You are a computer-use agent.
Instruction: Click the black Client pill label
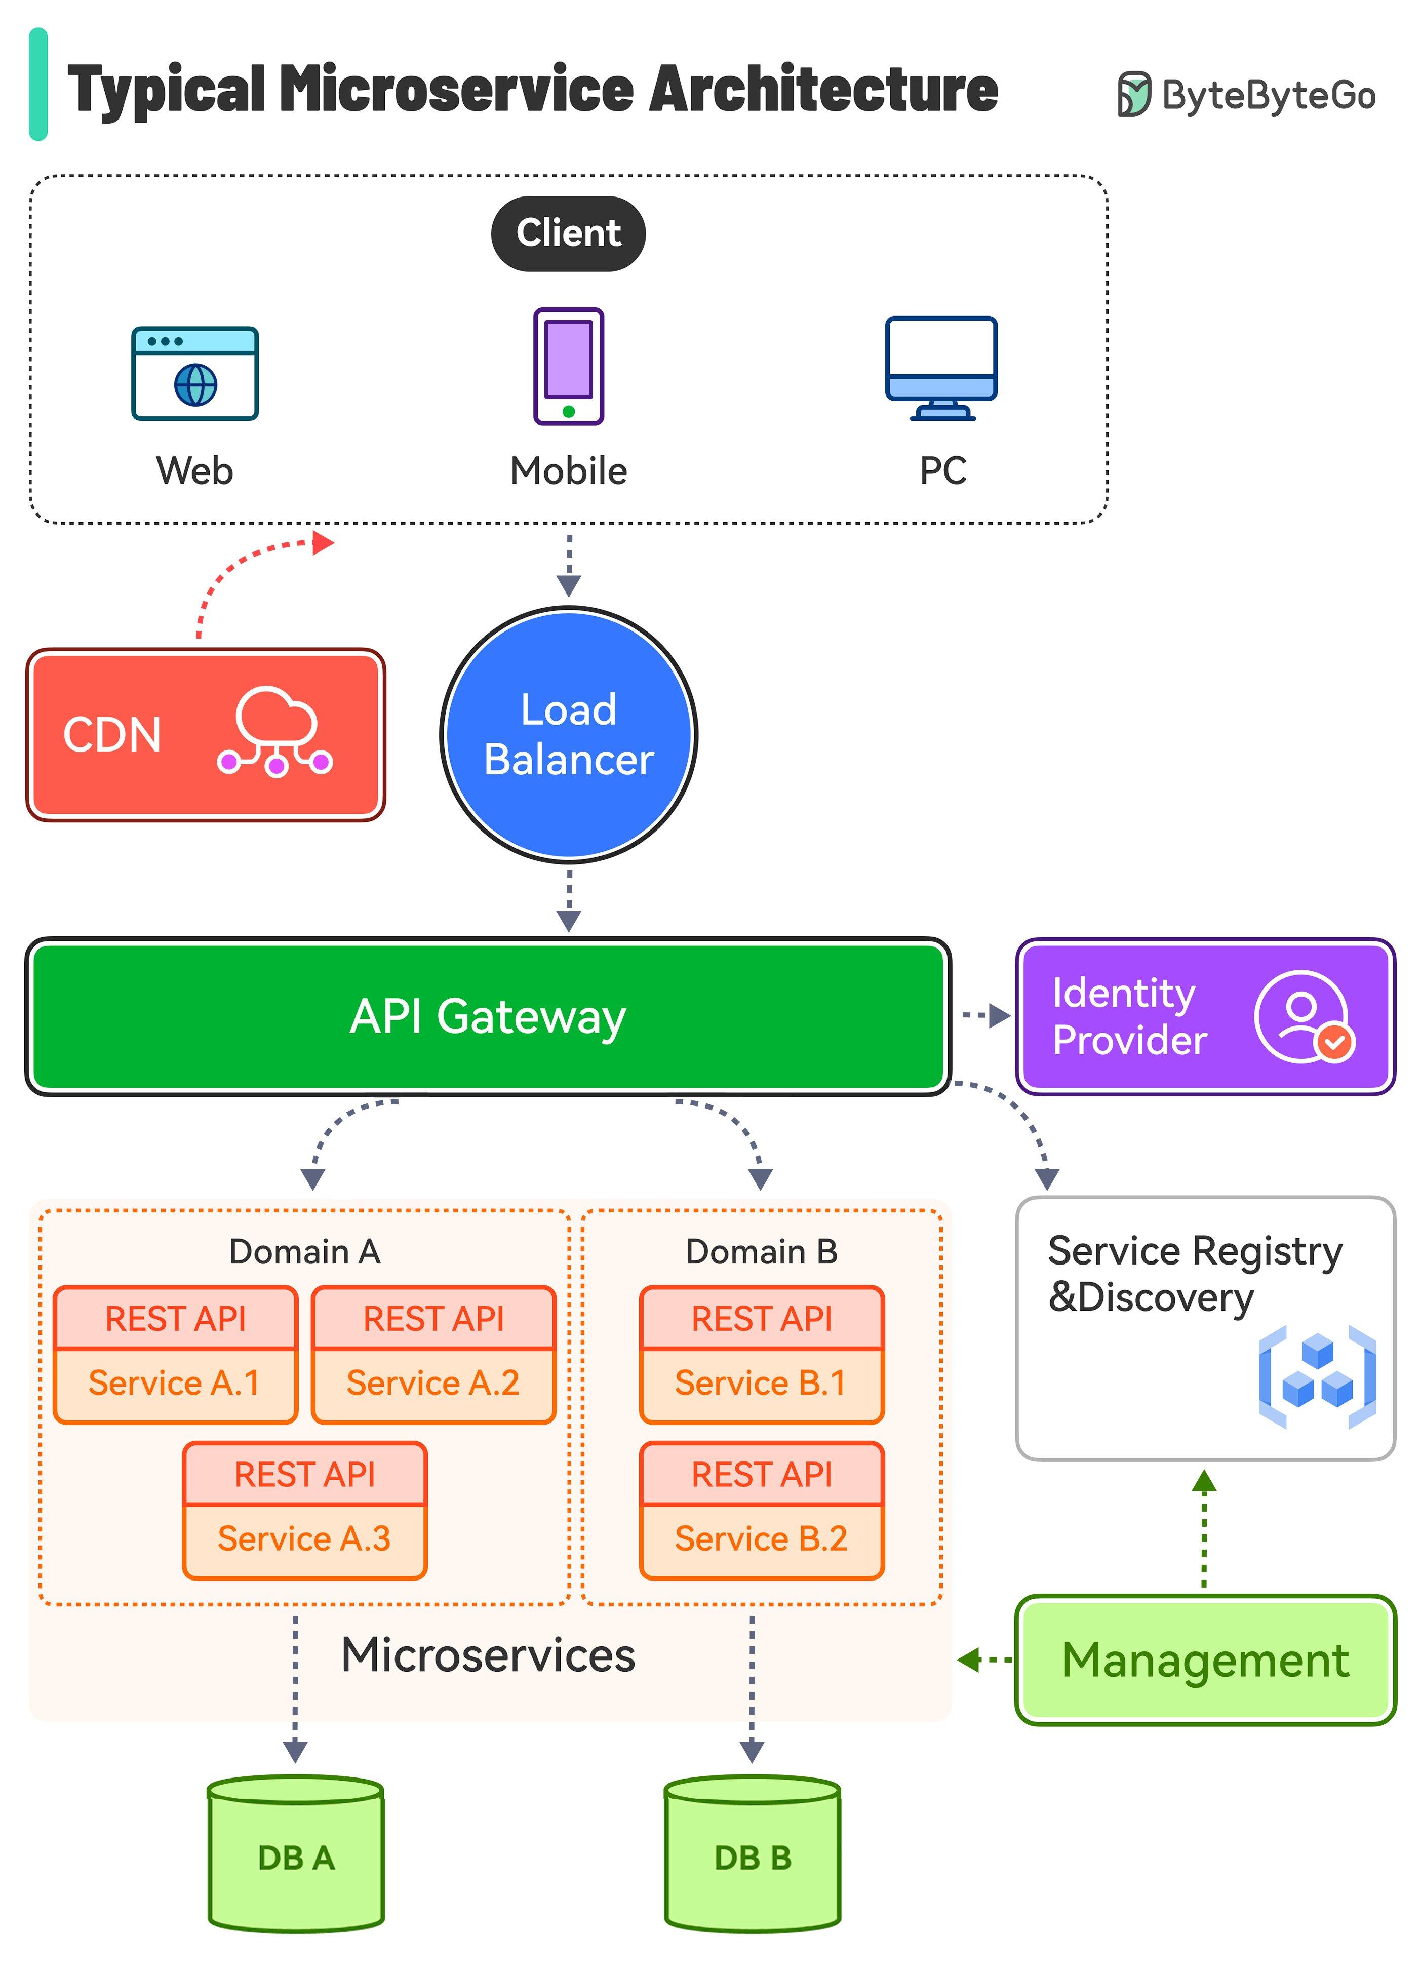[x=568, y=233]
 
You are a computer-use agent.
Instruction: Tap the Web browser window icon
[x=195, y=374]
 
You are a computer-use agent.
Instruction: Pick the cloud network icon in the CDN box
[x=275, y=731]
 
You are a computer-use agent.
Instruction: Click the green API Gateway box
[x=488, y=1016]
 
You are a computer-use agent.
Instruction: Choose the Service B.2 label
[x=761, y=1538]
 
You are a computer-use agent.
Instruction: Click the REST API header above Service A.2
[x=433, y=1318]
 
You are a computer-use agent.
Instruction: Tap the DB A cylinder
[x=296, y=1855]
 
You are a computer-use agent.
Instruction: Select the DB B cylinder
[x=753, y=1855]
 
